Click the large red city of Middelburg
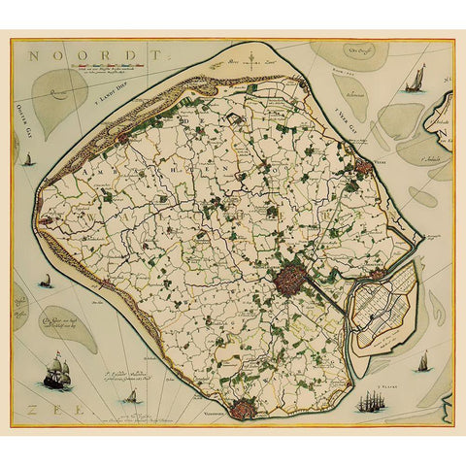coord(288,283)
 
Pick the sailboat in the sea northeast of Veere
coord(418,76)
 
